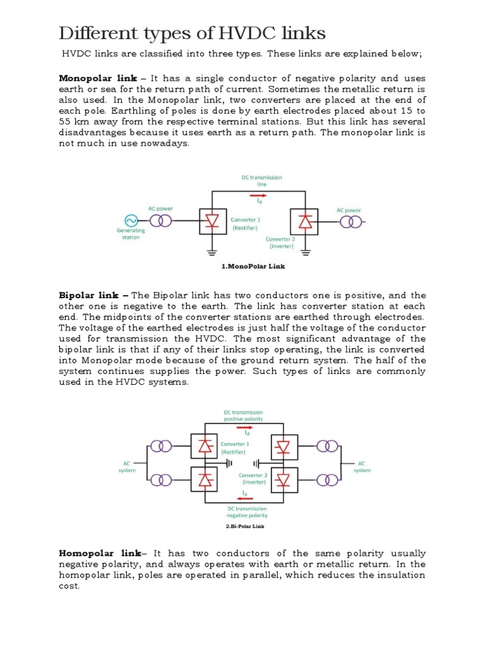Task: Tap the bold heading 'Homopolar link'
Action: (x=97, y=553)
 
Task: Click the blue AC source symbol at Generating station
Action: (x=131, y=221)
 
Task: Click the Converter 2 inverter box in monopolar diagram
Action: (x=305, y=221)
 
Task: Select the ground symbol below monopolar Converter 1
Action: (x=210, y=251)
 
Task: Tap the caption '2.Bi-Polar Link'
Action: (x=245, y=526)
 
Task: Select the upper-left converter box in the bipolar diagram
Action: (x=204, y=447)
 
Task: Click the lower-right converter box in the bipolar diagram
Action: (x=284, y=480)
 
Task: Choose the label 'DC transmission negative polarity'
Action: (x=245, y=512)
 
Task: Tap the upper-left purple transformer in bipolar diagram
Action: (x=164, y=447)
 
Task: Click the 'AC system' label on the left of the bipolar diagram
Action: (x=128, y=466)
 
